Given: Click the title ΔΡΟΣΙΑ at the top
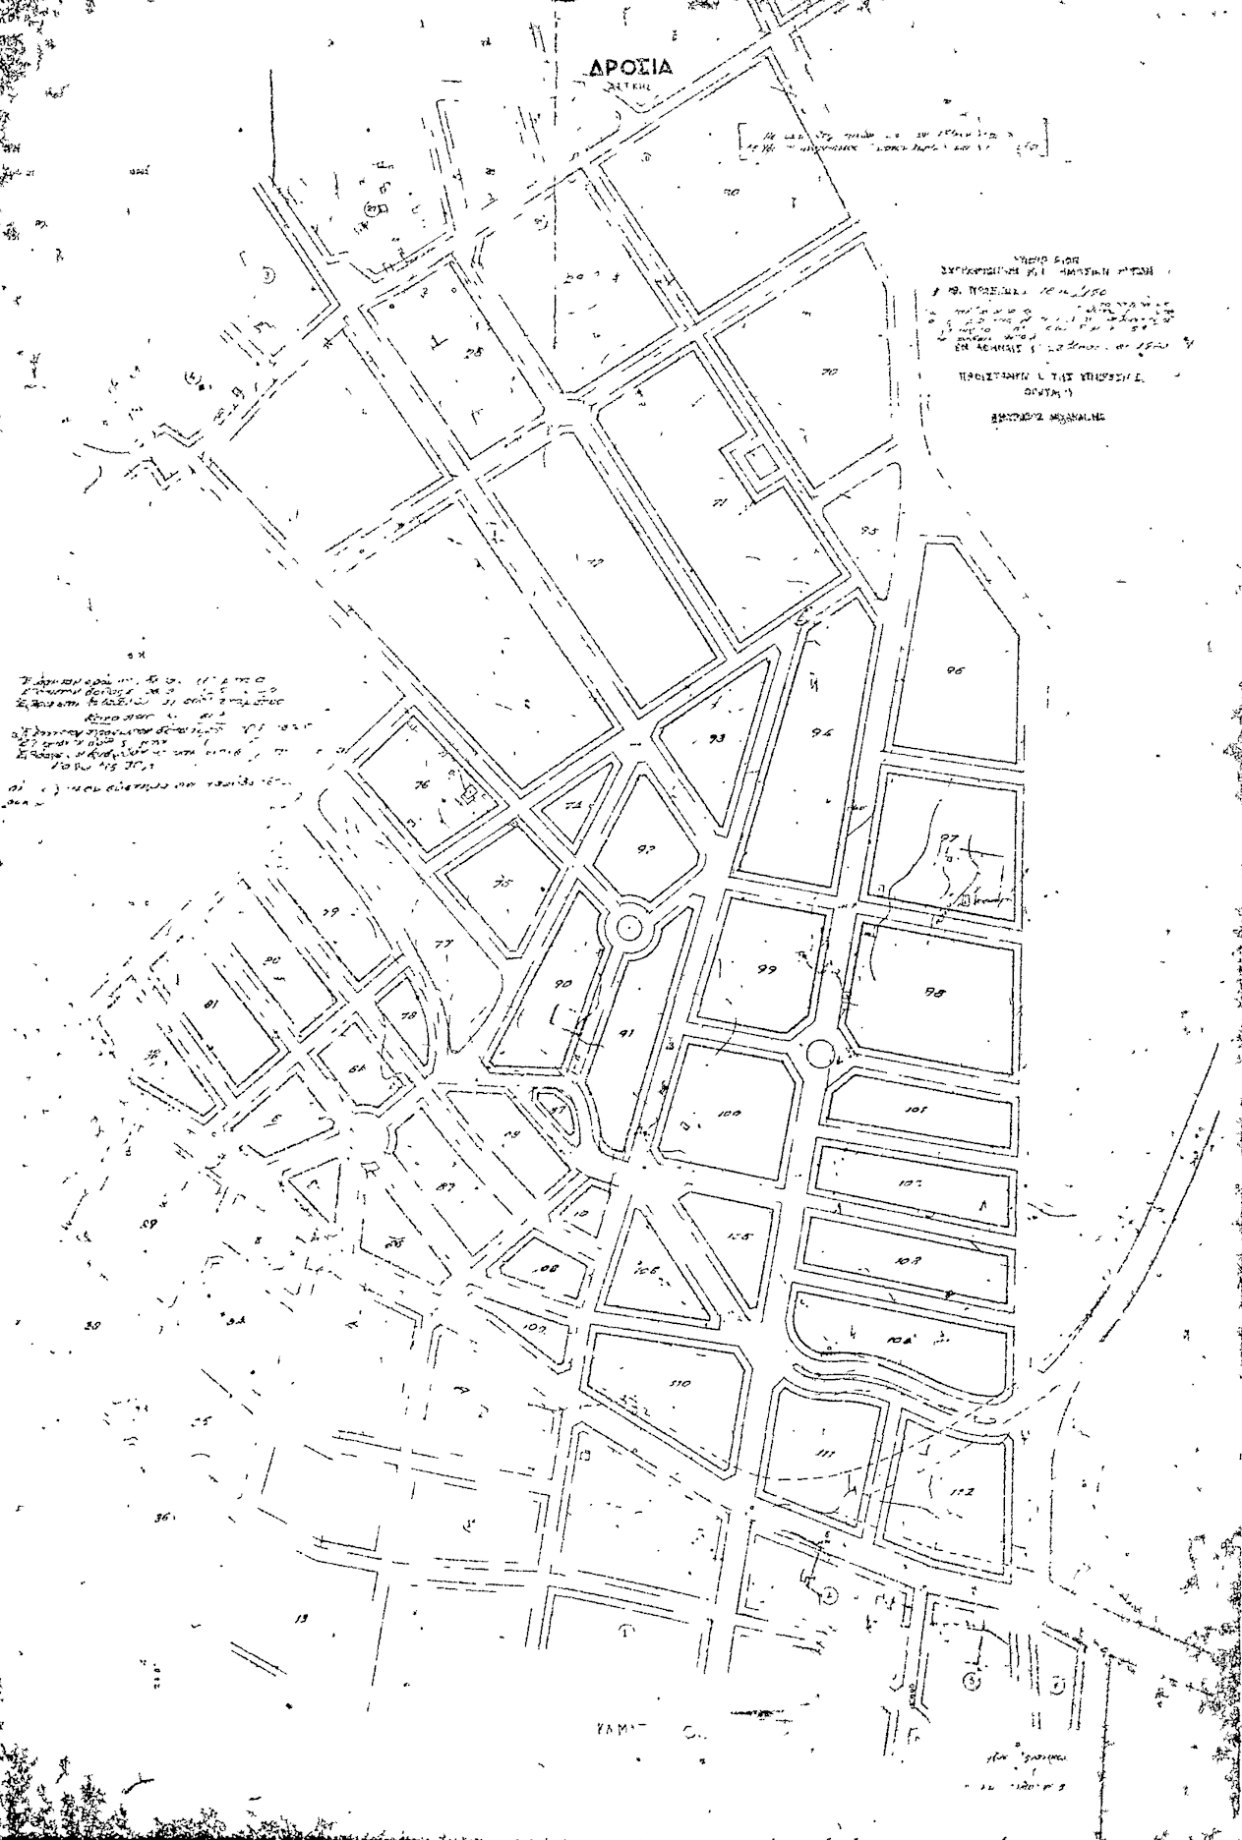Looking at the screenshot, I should (x=630, y=67).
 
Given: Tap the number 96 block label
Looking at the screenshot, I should (x=954, y=670).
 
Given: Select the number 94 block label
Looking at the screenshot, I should (x=823, y=732).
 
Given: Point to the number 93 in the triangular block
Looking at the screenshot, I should (x=717, y=737).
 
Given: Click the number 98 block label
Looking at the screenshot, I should (x=934, y=993).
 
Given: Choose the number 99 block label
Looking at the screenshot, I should (x=767, y=969).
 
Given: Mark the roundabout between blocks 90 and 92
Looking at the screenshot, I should (x=626, y=926).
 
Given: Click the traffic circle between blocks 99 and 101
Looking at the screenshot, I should (x=820, y=1055).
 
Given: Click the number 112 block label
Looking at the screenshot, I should (x=961, y=1491).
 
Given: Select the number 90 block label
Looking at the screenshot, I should (x=562, y=985).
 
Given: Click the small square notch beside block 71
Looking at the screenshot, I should (x=758, y=460).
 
